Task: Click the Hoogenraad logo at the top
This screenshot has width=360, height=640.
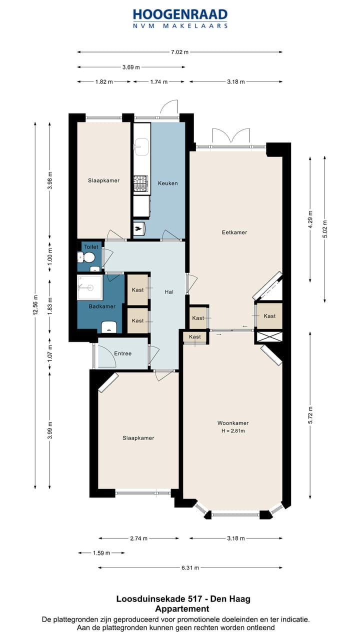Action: [x=180, y=18]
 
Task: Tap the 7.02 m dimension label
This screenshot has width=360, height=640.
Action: [x=179, y=52]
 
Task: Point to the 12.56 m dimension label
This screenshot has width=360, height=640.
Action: [x=35, y=305]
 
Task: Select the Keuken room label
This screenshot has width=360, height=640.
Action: [x=168, y=183]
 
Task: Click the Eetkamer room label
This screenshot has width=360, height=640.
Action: [x=234, y=232]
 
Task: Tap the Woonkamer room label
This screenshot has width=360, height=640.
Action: [x=233, y=423]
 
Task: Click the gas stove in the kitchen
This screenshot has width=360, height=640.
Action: [x=140, y=183]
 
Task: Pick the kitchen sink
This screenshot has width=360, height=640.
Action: [x=141, y=147]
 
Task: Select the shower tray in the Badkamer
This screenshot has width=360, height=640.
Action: [x=89, y=287]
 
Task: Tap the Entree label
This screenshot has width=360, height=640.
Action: [x=123, y=353]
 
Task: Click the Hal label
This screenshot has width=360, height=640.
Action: [x=169, y=291]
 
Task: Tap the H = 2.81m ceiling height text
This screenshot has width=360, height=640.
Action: [x=233, y=431]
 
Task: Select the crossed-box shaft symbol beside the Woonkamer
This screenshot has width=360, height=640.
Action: [x=269, y=336]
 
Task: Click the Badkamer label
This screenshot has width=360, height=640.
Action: [x=102, y=306]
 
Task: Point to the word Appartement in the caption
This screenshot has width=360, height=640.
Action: [x=182, y=608]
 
